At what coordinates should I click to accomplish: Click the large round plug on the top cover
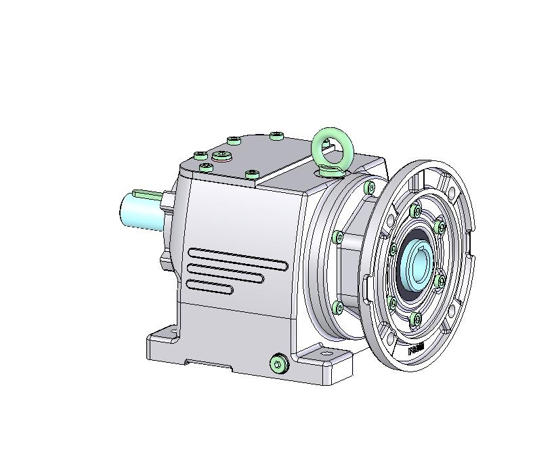tap(221, 156)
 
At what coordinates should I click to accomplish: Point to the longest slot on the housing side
tap(237, 258)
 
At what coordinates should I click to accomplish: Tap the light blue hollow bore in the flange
tap(415, 265)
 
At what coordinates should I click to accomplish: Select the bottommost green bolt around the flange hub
tap(416, 318)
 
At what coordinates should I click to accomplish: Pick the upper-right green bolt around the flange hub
tap(439, 226)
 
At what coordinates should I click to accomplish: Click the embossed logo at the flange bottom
tap(415, 349)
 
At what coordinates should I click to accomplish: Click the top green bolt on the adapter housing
tap(369, 187)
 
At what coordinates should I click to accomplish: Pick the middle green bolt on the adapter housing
tap(338, 237)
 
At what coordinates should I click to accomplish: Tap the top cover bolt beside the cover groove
tap(252, 175)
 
